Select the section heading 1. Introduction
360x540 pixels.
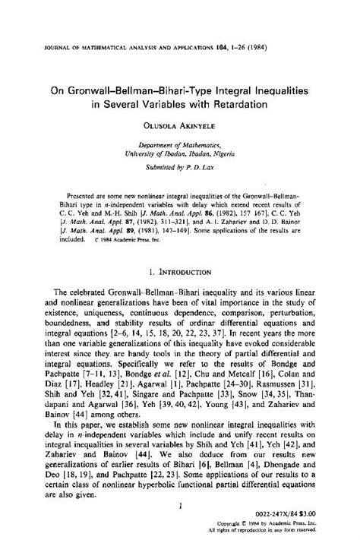pyautogui.click(x=179, y=269)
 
